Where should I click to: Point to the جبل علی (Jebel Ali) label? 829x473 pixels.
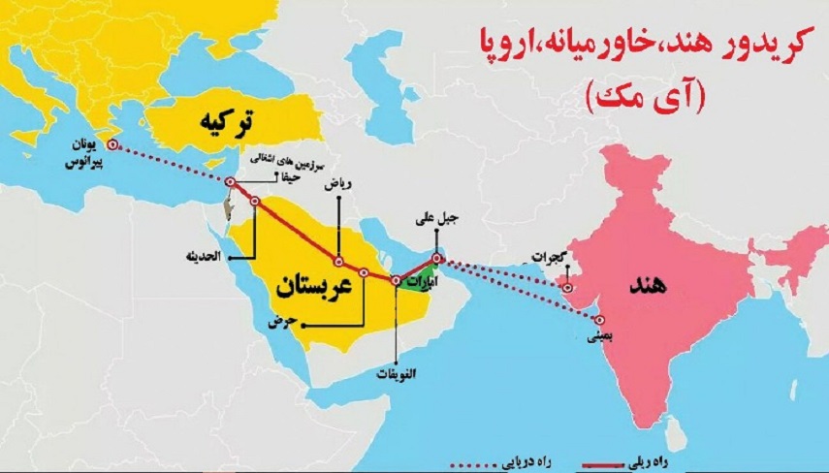[x=434, y=221]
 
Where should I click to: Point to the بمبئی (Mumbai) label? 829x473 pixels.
[x=602, y=339]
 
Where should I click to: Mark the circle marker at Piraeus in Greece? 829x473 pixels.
[x=112, y=145]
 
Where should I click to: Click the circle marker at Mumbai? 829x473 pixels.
[x=601, y=321]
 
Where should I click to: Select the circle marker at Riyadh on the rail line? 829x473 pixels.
[x=338, y=261]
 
